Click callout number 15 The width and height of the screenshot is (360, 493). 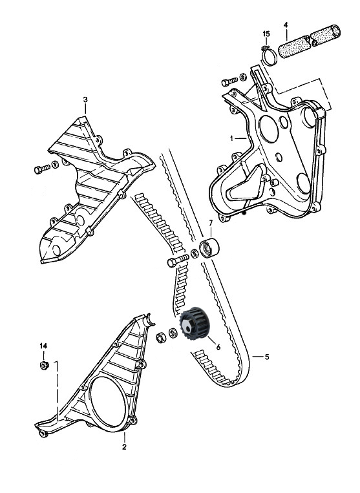(x=266, y=34)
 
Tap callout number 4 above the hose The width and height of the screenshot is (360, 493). (x=286, y=24)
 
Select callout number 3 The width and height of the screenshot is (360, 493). (x=85, y=100)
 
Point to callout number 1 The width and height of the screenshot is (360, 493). (x=232, y=138)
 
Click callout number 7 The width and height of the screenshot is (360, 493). (x=211, y=223)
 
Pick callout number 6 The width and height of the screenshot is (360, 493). (x=218, y=347)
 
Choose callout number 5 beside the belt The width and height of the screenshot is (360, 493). (x=267, y=357)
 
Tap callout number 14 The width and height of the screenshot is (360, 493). (x=43, y=346)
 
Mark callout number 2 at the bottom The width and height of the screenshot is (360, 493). (x=124, y=446)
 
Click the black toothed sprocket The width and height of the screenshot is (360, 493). (x=195, y=324)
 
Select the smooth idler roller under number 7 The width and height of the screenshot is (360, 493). (x=209, y=248)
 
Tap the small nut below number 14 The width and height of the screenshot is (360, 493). (x=44, y=366)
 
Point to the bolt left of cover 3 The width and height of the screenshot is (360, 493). (x=42, y=169)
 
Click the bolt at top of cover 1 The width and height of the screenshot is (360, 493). (x=229, y=81)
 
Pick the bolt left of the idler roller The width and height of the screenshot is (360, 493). (x=178, y=260)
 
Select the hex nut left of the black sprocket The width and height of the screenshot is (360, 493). (x=162, y=337)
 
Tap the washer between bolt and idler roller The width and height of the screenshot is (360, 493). (x=195, y=253)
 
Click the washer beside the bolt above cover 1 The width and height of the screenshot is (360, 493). (x=243, y=77)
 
